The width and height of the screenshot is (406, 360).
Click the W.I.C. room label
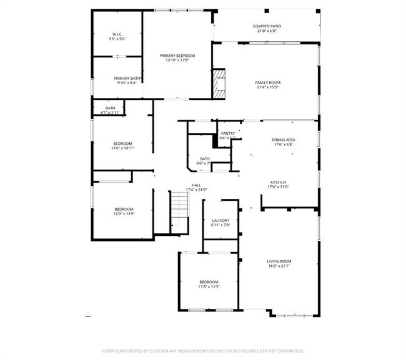tap(117, 34)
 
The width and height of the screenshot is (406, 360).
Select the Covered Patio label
tap(267, 26)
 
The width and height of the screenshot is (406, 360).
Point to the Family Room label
tap(267, 82)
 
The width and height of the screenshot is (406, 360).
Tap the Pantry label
tap(227, 133)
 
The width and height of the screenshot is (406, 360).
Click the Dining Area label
tap(283, 140)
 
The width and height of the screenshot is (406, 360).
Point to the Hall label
tap(196, 185)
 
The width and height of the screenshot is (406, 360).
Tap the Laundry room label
tap(220, 220)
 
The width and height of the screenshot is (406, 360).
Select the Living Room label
tap(280, 261)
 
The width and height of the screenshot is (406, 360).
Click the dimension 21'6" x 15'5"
tap(267, 87)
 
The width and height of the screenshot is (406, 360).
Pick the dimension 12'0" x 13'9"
tap(124, 214)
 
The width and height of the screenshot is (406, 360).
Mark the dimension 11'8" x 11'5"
tap(209, 286)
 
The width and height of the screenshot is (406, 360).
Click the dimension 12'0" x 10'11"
tap(123, 148)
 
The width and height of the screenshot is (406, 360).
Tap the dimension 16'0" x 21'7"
tap(280, 266)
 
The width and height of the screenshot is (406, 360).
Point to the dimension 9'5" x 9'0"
tap(117, 39)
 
